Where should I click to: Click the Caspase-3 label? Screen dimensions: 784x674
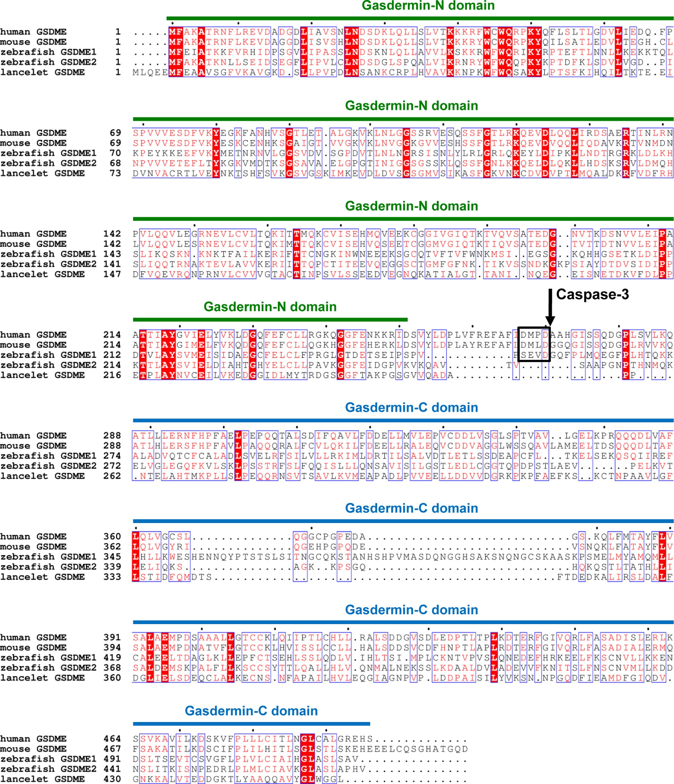[592, 294]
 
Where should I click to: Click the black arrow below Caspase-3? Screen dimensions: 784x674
[550, 307]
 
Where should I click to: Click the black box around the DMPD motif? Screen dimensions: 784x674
[534, 344]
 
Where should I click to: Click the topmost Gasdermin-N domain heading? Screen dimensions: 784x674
[428, 6]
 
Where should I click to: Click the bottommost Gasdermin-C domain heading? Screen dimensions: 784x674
[251, 710]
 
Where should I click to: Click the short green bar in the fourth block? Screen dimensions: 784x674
[270, 320]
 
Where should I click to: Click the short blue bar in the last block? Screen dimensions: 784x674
[251, 724]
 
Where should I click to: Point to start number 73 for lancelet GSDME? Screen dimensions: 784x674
[115, 173]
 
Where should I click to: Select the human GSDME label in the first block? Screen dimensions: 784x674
[33, 32]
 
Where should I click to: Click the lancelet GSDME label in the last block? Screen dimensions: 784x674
[42, 779]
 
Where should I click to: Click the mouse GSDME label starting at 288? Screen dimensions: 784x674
[33, 446]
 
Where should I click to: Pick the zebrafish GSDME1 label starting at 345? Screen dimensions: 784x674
[48, 557]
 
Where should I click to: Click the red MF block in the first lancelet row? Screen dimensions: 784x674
[176, 72]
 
